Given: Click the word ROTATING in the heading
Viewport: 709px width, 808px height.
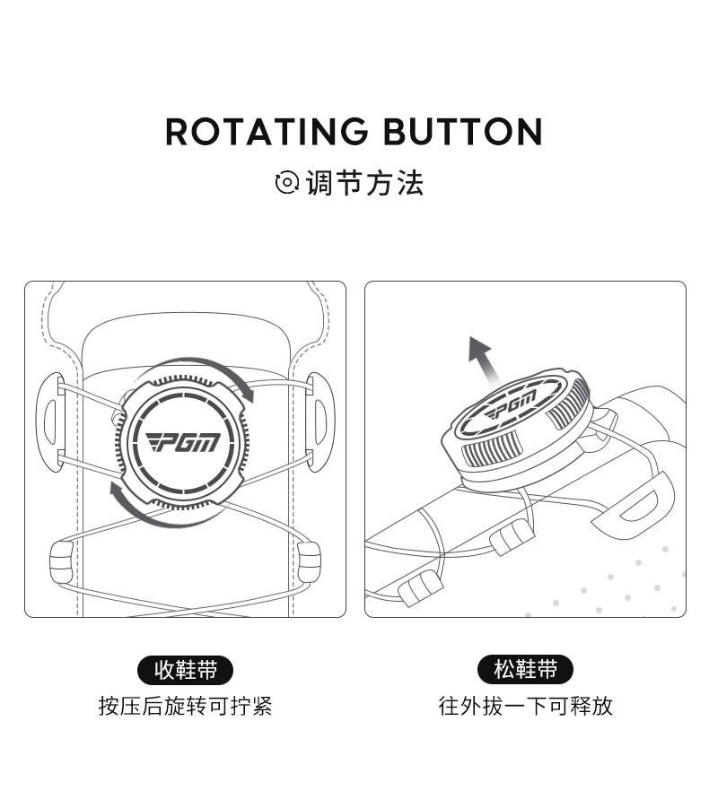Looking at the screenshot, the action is pyautogui.click(x=267, y=132).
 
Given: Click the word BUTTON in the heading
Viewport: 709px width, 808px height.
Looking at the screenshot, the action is pyautogui.click(x=462, y=132).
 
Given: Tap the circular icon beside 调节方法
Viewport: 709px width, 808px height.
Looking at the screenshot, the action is pyautogui.click(x=286, y=183).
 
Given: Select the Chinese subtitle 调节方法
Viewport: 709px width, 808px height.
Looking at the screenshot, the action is pyautogui.click(x=364, y=183).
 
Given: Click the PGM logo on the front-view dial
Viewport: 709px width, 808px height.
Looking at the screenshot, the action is pyautogui.click(x=182, y=442).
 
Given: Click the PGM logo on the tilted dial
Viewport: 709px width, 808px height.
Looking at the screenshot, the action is pyautogui.click(x=512, y=405).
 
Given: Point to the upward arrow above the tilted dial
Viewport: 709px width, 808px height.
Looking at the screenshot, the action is pyautogui.click(x=483, y=359).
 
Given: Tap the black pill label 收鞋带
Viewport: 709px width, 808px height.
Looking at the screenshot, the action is pyautogui.click(x=185, y=671).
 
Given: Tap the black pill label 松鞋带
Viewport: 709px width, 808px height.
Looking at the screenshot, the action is pyautogui.click(x=525, y=670).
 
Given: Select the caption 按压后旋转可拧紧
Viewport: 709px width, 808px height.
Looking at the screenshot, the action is pyautogui.click(x=185, y=706).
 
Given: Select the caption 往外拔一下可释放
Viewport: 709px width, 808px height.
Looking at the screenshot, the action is pyautogui.click(x=525, y=706).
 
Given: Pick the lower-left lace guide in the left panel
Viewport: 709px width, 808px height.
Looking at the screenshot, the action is pyautogui.click(x=62, y=561).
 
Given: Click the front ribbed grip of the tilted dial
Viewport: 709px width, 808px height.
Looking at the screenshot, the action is pyautogui.click(x=490, y=447).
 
